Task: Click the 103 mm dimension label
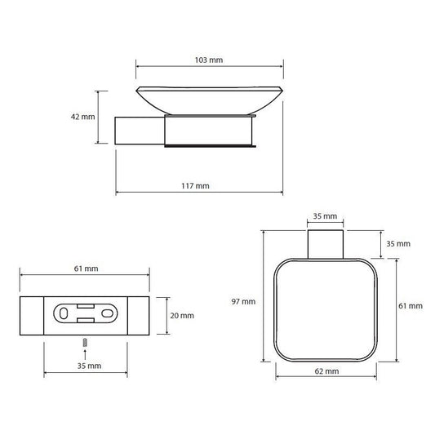click(209, 60)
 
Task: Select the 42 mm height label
click(82, 117)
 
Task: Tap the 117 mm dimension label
click(195, 185)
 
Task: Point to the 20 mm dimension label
click(182, 315)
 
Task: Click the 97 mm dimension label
click(243, 301)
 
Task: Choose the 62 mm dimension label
click(326, 371)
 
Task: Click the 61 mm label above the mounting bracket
click(86, 269)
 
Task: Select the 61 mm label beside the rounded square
click(411, 306)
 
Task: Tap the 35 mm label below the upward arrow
click(89, 366)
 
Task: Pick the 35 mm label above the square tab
click(325, 215)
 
